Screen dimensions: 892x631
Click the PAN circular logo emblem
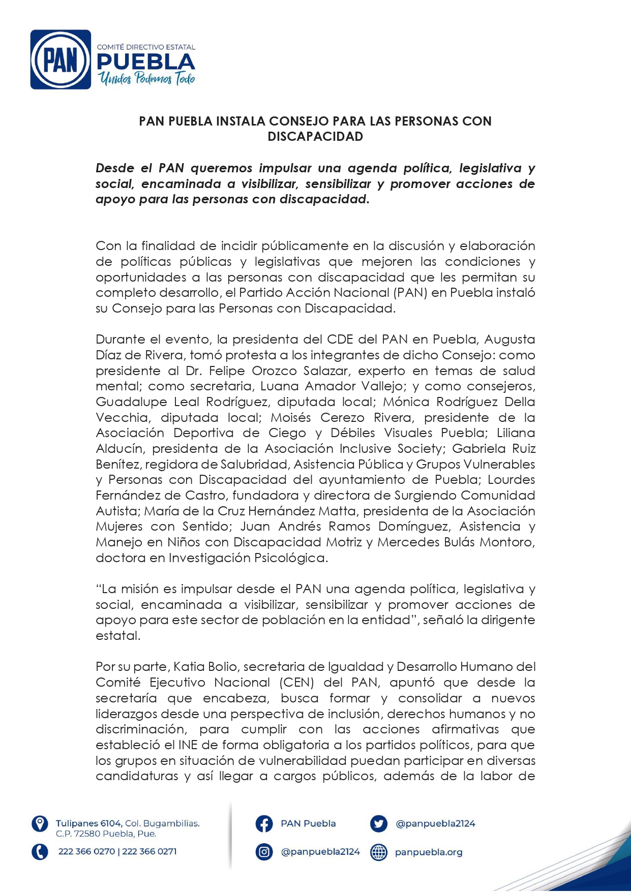61,60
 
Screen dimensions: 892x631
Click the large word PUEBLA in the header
146,63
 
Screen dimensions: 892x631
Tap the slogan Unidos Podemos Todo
147,78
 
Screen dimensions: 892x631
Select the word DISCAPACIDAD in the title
315,137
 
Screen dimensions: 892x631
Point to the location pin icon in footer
40,824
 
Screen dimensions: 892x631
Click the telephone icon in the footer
40,851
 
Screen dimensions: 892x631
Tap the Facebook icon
264,824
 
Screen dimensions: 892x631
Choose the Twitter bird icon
379,824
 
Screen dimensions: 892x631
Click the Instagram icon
264,852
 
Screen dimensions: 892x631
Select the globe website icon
379,852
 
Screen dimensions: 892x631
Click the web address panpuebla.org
429,852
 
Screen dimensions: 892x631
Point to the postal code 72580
87,834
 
